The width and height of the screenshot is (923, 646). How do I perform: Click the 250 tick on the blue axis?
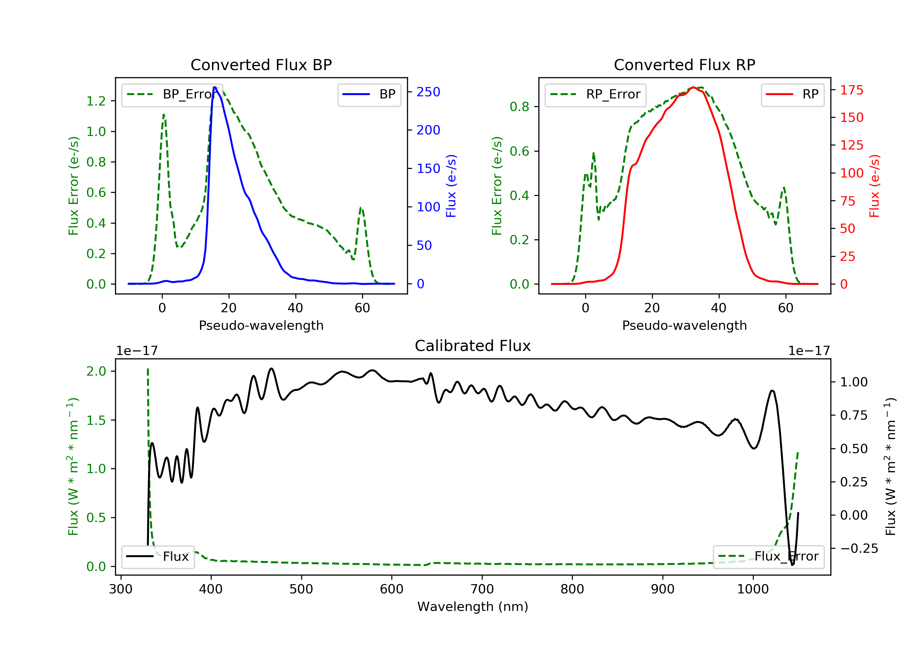(428, 92)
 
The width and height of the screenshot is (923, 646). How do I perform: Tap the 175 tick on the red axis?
(851, 90)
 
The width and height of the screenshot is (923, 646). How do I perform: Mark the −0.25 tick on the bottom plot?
(859, 549)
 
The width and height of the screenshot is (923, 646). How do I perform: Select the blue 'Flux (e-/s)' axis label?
(451, 186)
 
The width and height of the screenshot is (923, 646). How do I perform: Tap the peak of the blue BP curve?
(215, 87)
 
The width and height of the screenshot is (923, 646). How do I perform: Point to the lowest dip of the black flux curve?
(792, 565)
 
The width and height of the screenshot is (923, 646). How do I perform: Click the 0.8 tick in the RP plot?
(519, 107)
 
